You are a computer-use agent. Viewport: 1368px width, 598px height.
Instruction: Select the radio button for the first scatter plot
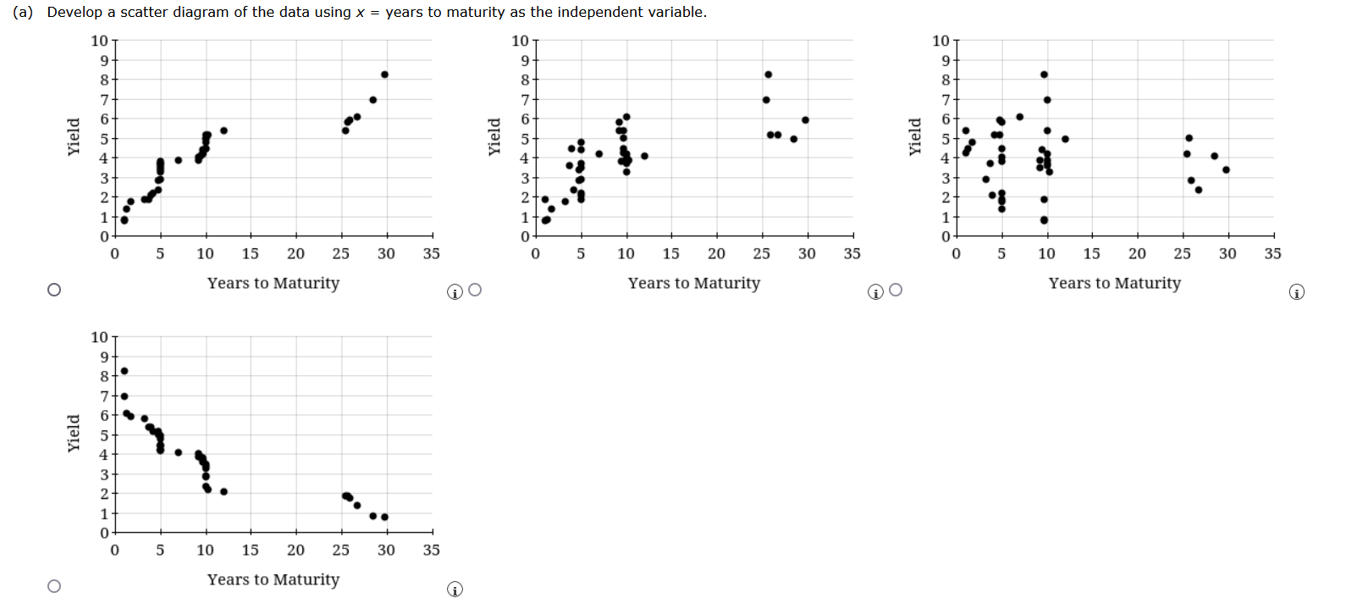pyautogui.click(x=54, y=290)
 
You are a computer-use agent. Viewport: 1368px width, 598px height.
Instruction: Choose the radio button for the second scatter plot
pyautogui.click(x=475, y=290)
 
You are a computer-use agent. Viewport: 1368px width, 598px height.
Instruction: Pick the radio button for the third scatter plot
pyautogui.click(x=896, y=290)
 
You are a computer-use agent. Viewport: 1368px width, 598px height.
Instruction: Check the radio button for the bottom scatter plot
pyautogui.click(x=54, y=586)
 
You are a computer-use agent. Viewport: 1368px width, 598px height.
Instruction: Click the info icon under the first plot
pyautogui.click(x=455, y=292)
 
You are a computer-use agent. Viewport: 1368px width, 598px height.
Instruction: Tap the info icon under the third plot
pyautogui.click(x=1296, y=292)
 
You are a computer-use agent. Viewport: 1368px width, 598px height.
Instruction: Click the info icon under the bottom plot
pyautogui.click(x=455, y=590)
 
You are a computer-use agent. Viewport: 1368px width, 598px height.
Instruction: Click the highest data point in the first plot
pyautogui.click(x=384, y=75)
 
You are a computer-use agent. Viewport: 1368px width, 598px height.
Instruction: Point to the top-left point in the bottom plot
pyautogui.click(x=124, y=371)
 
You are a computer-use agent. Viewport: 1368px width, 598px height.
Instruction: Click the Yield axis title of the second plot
pyautogui.click(x=494, y=136)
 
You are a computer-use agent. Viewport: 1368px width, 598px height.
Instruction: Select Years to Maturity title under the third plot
pyautogui.click(x=1114, y=283)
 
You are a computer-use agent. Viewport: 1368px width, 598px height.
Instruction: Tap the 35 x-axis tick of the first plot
pyautogui.click(x=431, y=253)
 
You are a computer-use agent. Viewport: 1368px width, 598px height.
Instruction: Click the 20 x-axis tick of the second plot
pyautogui.click(x=716, y=253)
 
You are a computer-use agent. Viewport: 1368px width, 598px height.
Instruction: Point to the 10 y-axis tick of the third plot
pyautogui.click(x=940, y=41)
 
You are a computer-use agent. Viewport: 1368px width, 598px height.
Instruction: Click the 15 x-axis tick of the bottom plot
pyautogui.click(x=251, y=550)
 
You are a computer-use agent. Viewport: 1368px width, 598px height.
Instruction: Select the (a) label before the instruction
pyautogui.click(x=23, y=12)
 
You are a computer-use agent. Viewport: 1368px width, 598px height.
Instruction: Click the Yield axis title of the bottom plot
pyautogui.click(x=74, y=433)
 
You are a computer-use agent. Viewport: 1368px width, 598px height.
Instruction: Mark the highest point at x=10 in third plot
pyautogui.click(x=1044, y=75)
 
